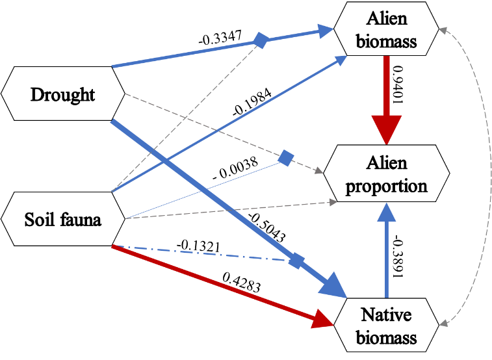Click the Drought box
(62, 94)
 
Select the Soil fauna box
(62, 220)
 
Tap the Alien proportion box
(386, 174)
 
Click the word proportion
(386, 186)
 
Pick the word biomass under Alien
(386, 44)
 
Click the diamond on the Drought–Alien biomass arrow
(260, 40)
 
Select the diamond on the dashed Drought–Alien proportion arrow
(285, 158)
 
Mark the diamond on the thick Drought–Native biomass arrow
(296, 261)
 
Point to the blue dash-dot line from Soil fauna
(195, 253)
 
